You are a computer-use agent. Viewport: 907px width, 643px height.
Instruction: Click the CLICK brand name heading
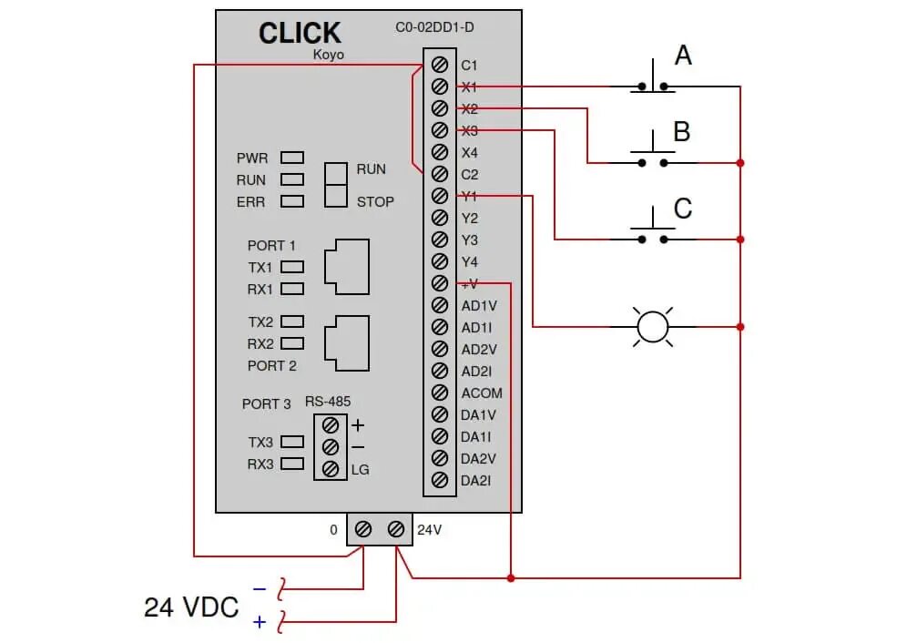(299, 34)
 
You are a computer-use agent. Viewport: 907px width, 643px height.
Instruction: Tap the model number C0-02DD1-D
(434, 27)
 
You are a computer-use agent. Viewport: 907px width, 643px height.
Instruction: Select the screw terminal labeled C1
(440, 65)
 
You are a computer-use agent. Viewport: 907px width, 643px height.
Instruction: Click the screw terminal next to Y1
(440, 196)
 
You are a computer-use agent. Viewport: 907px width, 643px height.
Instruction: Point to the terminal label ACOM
(481, 393)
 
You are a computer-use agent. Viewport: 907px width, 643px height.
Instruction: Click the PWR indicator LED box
(292, 158)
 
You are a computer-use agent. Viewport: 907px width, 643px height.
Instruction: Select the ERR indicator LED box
(292, 201)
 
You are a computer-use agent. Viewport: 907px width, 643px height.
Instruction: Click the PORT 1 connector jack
(347, 266)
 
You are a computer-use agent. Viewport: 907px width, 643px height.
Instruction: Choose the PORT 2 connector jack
(347, 343)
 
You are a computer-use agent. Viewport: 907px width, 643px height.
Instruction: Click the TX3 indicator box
(292, 442)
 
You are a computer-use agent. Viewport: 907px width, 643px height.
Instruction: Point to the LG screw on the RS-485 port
(331, 469)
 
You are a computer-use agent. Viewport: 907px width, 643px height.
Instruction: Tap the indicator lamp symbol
(652, 326)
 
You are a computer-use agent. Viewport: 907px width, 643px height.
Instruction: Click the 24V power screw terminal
(395, 529)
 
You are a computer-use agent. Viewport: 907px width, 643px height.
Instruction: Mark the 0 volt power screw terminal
(362, 529)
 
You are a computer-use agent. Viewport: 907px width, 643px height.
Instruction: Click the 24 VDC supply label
(190, 607)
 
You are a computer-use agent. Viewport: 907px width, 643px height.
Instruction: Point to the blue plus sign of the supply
(260, 622)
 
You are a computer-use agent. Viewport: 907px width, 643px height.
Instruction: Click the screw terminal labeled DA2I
(440, 480)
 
